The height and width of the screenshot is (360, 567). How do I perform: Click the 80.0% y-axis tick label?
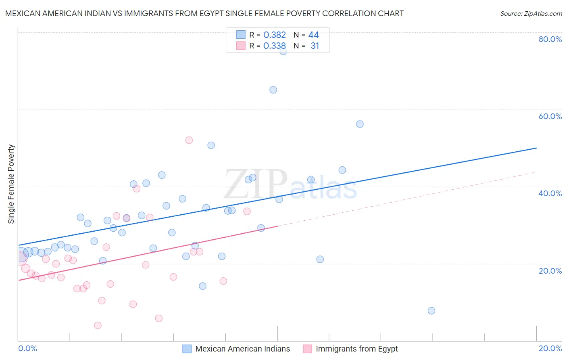550,39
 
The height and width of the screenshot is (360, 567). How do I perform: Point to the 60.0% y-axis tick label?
550,116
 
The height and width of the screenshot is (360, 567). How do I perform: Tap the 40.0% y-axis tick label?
550,193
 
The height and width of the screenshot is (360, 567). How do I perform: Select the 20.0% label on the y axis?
550,271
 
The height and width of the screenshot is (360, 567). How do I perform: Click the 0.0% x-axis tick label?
27,348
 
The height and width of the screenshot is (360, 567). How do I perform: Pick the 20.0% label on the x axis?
550,348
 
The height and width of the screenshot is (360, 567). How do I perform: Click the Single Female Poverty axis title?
11,184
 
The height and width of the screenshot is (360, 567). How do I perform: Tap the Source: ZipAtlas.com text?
531,14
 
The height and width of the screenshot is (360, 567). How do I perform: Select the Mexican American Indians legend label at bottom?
242,349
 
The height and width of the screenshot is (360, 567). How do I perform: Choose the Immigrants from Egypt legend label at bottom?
356,349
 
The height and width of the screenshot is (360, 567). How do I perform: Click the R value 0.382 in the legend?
274,35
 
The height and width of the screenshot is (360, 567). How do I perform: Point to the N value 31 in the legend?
315,46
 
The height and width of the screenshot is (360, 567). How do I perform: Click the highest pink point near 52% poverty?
189,140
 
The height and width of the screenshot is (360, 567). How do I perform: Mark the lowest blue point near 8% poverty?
432,311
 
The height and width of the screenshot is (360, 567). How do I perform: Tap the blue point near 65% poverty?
273,90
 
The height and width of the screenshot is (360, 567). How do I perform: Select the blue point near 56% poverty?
360,124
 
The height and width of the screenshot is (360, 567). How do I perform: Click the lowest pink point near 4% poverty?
98,325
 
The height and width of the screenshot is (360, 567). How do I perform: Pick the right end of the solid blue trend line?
536,148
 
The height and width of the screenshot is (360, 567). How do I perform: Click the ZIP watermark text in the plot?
256,184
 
